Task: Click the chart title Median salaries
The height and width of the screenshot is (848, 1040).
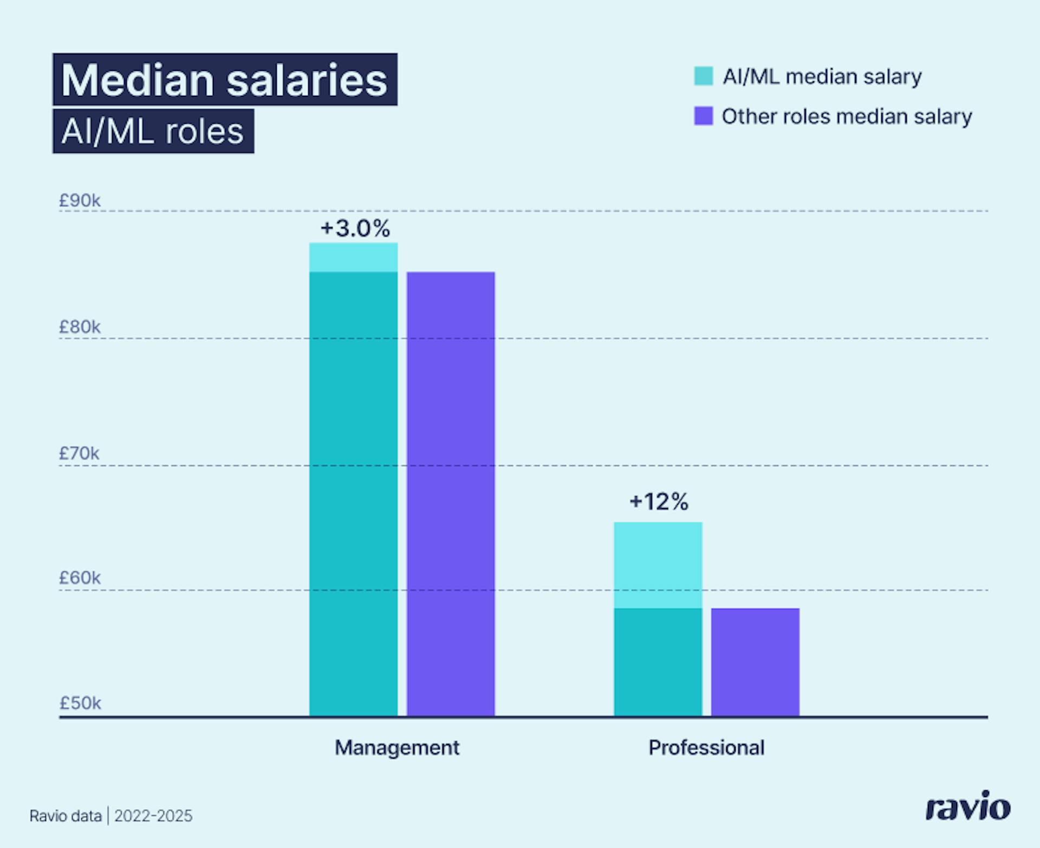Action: coord(224,80)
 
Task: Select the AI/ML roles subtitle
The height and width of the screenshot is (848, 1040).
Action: coord(153,132)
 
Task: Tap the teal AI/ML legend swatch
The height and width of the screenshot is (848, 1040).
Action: coord(703,76)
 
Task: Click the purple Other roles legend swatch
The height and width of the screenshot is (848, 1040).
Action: coord(703,116)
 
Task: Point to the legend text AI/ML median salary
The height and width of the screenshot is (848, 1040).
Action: coord(822,77)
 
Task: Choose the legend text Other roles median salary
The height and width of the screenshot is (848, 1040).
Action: coord(847,116)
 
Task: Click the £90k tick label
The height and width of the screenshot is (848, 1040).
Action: coord(80,201)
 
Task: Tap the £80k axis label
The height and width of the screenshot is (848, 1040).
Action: coord(80,327)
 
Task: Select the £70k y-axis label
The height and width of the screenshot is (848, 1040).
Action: coord(79,453)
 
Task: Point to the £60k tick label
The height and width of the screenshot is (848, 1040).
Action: coord(80,578)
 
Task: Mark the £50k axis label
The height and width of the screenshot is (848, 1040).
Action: coord(80,703)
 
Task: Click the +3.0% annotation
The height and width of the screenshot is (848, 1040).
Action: coord(355,228)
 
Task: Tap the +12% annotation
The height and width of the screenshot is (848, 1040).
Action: coord(659,501)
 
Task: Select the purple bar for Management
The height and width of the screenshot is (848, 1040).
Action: coord(451,494)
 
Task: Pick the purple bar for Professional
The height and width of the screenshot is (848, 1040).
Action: coord(755,662)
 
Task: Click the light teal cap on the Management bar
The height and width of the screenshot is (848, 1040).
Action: coord(353,257)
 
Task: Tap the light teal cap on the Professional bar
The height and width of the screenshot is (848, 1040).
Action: coord(658,564)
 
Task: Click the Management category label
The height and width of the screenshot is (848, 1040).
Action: coord(396,747)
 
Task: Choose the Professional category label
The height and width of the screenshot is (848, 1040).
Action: coord(706,747)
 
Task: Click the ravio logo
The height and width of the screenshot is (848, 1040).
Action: coord(967,807)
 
